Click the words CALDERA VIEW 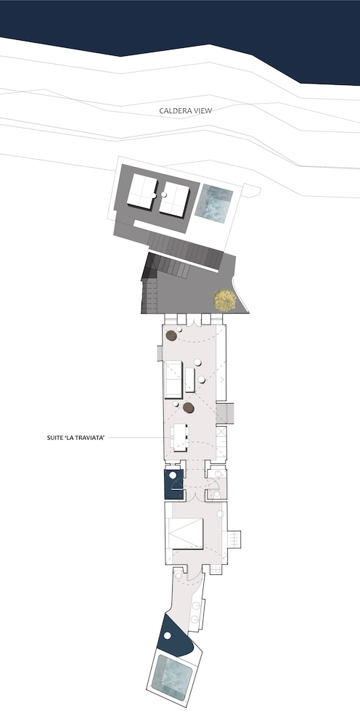(186, 110)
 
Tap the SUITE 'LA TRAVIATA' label (76, 437)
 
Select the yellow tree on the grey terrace (225, 301)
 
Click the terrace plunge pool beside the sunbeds (214, 204)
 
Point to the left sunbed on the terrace (142, 192)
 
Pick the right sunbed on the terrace (174, 199)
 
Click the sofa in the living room (174, 380)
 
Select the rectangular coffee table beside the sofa (190, 380)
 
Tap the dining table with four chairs (179, 437)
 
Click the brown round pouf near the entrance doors (171, 335)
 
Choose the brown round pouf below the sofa (188, 408)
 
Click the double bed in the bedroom (186, 534)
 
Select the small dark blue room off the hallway (174, 484)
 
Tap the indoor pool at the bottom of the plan (172, 677)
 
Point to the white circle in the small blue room (173, 475)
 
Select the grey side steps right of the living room (225, 413)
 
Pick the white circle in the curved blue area (168, 636)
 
